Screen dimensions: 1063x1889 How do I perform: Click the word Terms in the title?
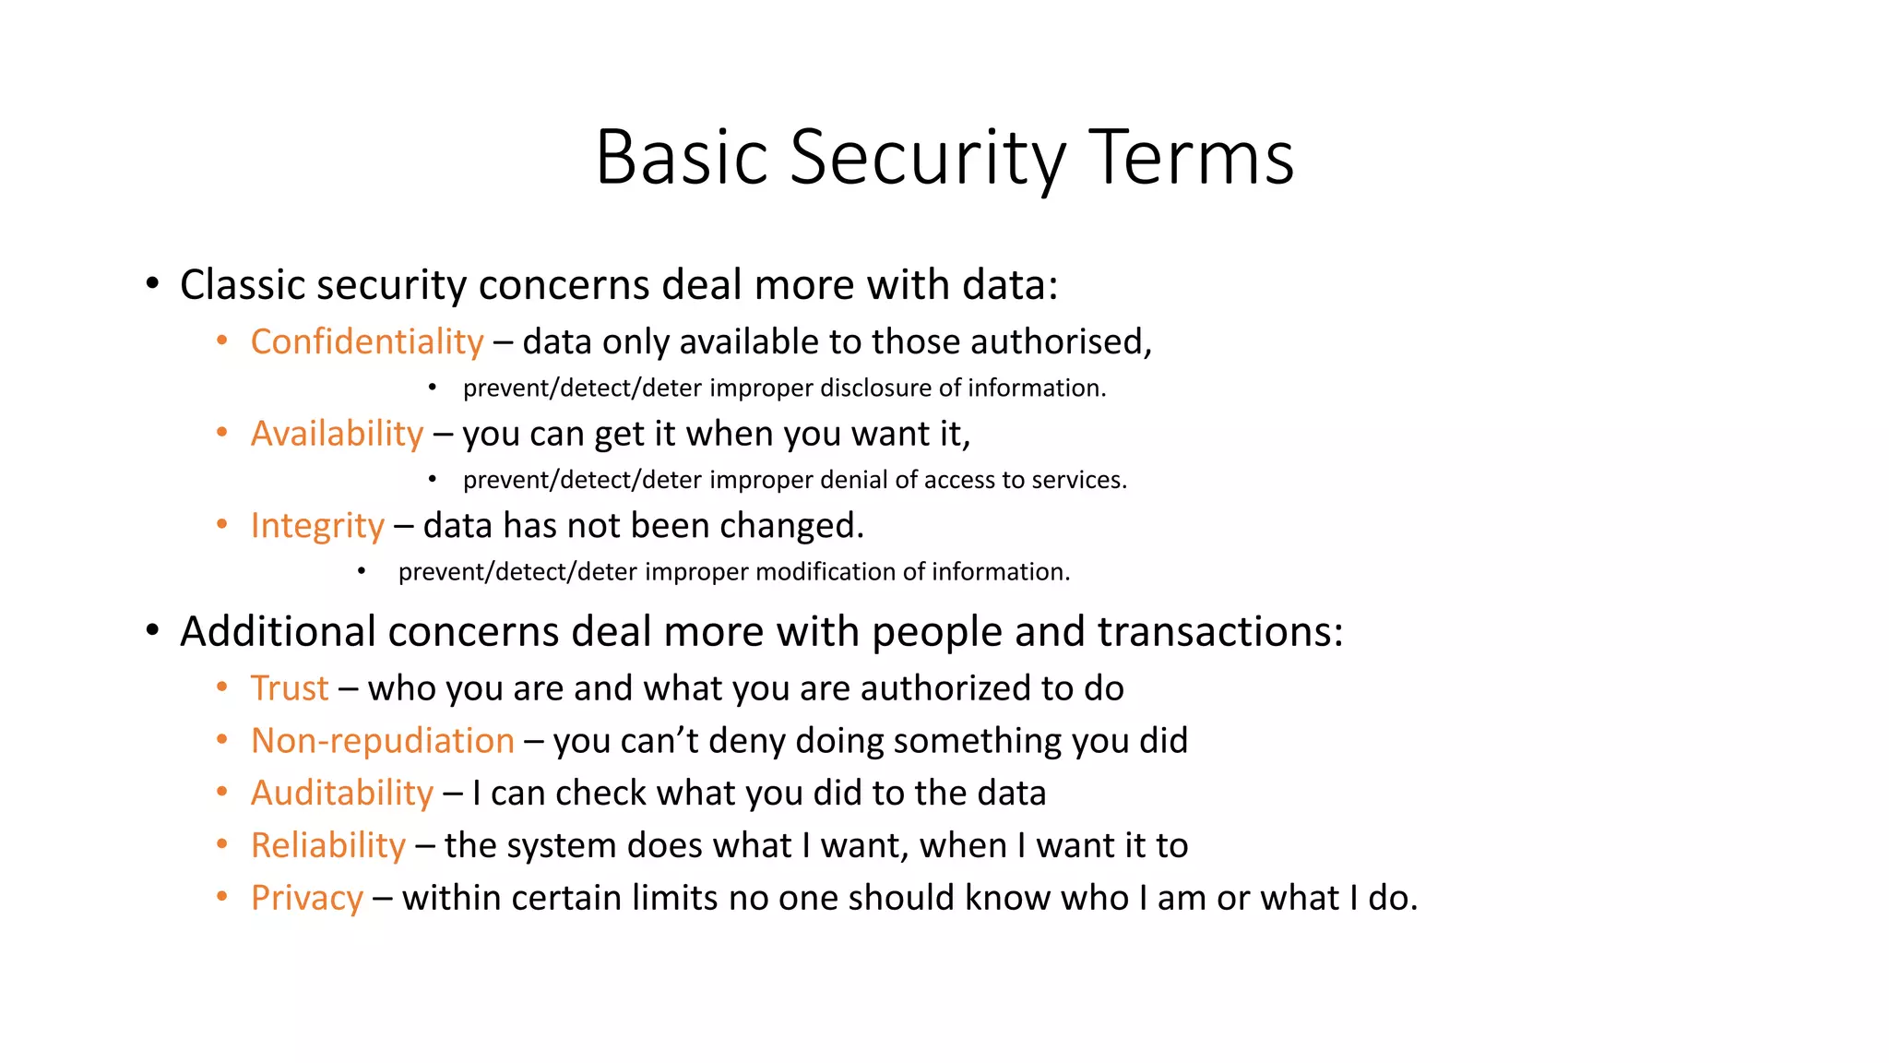[x=1192, y=159]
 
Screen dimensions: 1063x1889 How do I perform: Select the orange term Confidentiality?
[x=367, y=342]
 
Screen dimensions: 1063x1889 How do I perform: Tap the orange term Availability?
[x=337, y=434]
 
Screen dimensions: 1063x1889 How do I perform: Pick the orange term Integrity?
[x=317, y=526]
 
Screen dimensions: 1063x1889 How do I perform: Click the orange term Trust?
[x=290, y=688]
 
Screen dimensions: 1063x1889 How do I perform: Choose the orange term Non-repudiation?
[x=382, y=741]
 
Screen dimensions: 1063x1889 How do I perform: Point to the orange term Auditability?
[x=341, y=794]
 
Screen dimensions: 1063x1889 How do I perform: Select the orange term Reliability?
[x=327, y=846]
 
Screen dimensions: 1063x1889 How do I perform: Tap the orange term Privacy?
[x=306, y=899]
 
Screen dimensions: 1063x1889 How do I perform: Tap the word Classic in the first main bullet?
[x=233, y=285]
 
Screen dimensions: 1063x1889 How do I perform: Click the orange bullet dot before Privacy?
[x=222, y=896]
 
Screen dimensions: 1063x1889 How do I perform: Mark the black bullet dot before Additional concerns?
[x=152, y=631]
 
